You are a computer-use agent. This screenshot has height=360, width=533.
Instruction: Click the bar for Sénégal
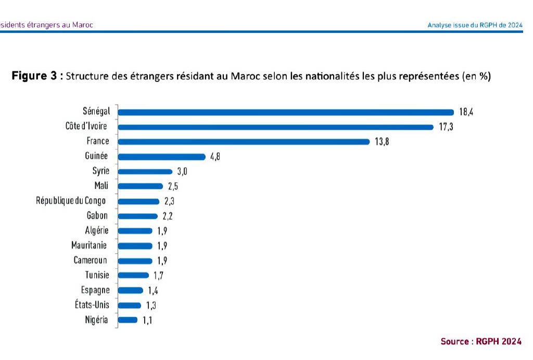pos(286,112)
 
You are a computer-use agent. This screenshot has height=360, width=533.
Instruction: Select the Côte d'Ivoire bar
pos(276,127)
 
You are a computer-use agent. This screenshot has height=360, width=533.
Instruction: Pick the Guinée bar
pos(162,156)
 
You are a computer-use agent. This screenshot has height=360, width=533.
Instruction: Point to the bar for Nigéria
pos(128,320)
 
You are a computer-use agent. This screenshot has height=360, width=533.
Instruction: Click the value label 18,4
pos(467,112)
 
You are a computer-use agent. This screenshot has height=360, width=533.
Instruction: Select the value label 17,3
pos(446,127)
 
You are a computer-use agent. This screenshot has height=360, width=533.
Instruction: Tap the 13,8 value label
pos(382,142)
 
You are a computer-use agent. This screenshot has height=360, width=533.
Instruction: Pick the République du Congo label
pos(71,201)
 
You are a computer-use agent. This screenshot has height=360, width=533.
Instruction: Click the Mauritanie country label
pos(89,245)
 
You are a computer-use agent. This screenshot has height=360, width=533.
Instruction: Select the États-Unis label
pos(92,305)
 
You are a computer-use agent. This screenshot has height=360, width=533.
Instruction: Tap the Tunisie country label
pos(97,275)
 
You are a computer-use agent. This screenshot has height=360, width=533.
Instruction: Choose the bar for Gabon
pos(138,216)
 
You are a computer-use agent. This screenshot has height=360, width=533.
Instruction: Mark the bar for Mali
pos(141,186)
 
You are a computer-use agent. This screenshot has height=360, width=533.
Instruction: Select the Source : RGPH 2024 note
pos(481,342)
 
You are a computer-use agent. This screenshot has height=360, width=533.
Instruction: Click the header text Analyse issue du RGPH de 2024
pos(474,24)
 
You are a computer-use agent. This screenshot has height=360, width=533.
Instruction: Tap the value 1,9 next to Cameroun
pos(162,260)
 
